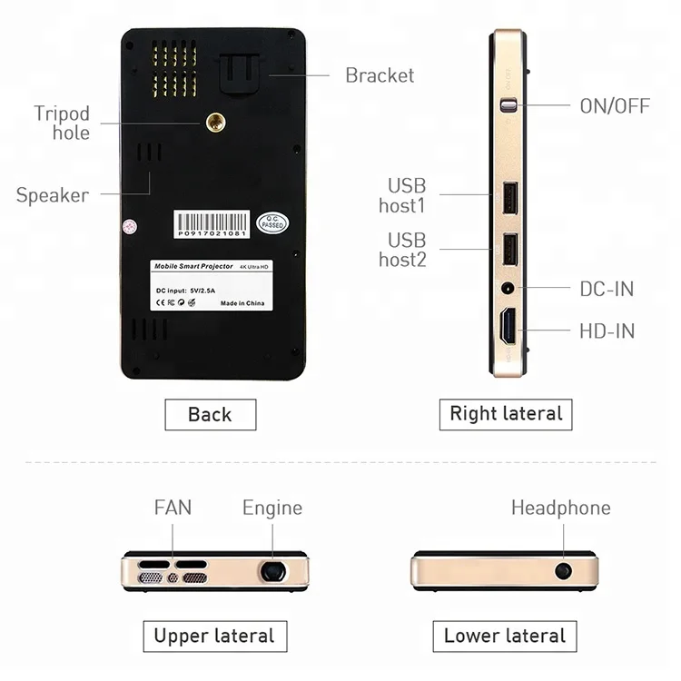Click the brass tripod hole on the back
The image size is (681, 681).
215,123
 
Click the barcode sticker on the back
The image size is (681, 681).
212,224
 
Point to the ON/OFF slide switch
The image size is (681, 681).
508,105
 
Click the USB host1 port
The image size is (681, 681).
509,198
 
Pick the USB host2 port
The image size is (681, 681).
509,248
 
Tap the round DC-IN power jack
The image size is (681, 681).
508,290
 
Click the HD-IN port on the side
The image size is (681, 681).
508,327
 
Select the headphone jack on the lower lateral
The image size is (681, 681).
564,571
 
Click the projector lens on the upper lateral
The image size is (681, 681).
271,571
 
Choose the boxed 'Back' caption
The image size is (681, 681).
210,415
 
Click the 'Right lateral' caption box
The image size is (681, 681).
506,414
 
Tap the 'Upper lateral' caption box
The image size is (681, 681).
214,636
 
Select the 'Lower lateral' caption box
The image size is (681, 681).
504,636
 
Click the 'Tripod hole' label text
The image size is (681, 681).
62,123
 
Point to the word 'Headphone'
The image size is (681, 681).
560,508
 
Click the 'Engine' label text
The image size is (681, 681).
271,508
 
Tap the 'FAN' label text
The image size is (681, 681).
173,508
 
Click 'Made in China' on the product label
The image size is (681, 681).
242,302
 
